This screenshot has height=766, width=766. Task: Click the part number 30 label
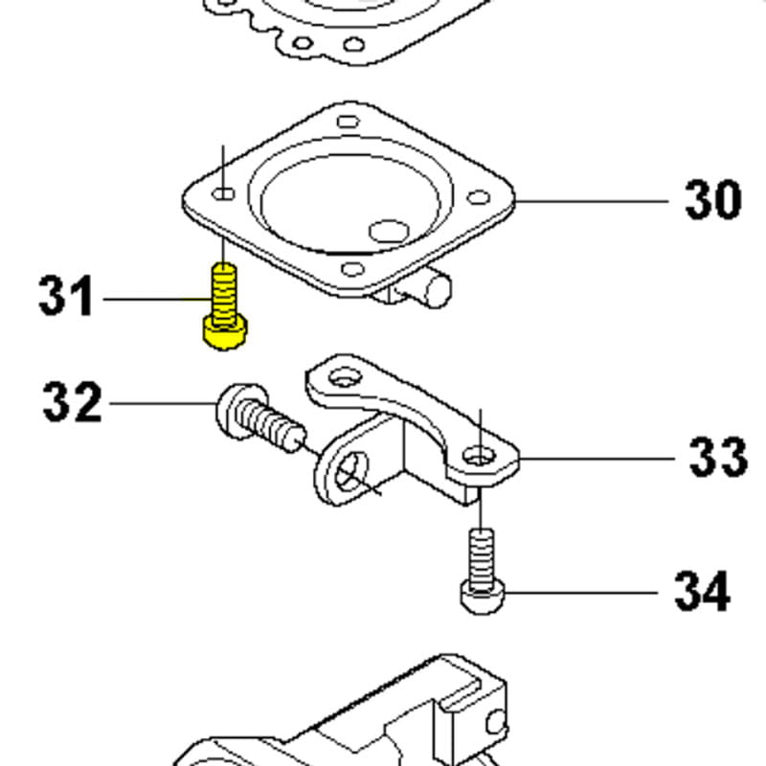coord(713,200)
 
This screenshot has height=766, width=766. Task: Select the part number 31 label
coord(66,297)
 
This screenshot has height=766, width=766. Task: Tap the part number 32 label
coord(71,402)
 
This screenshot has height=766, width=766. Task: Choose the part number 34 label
coord(703,591)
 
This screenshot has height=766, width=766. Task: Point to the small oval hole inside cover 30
coord(389,232)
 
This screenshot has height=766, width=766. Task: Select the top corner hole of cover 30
coord(349,122)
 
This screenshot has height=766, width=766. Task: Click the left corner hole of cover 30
coord(225,194)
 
